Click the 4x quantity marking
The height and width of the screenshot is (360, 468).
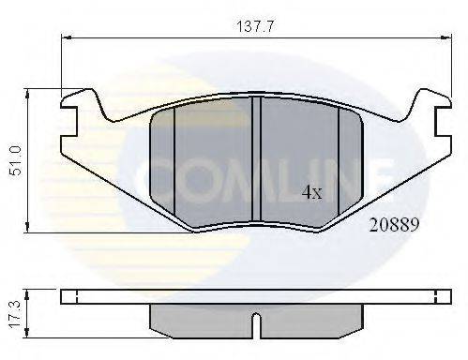(x=311, y=193)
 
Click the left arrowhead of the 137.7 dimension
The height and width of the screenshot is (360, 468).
(x=66, y=37)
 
